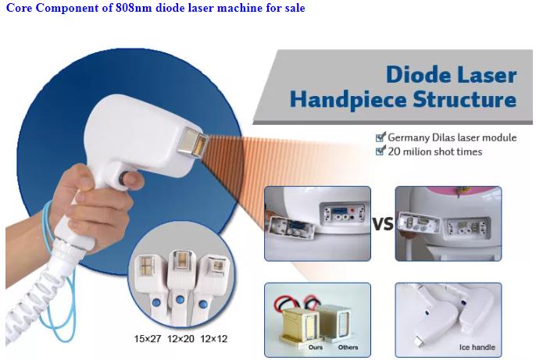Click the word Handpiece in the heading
pos(348,100)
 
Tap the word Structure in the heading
pos(465,99)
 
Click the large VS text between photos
pos(383,224)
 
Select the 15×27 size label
pos(148,339)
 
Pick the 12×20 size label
pos(180,339)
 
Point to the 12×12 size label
pos(213,339)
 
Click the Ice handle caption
pos(477,348)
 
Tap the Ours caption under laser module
pos(316,348)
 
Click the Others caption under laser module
pos(348,348)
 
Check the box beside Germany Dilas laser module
pos(380,137)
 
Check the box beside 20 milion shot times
pos(380,151)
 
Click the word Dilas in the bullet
pos(444,137)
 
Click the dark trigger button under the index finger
pos(123,179)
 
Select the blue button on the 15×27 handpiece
pos(156,303)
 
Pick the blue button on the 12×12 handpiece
pos(203,303)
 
